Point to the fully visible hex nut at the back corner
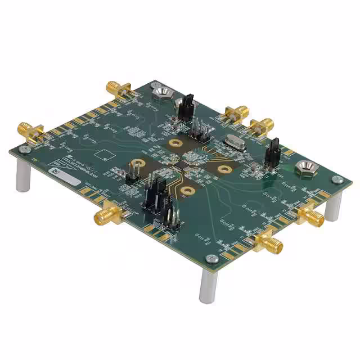pos(160,90)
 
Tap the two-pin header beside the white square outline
pos(135,169)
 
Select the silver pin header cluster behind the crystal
pos(200,130)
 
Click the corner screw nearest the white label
pos(23,150)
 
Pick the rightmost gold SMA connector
pos(309,216)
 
